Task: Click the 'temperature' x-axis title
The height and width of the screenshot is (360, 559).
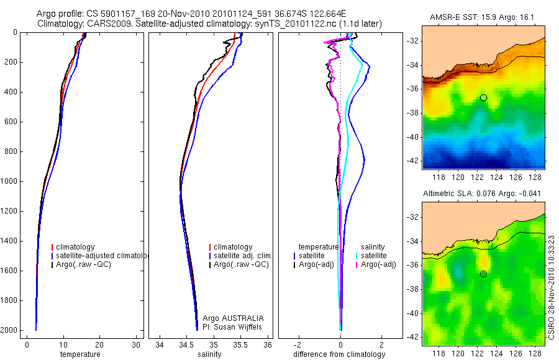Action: tap(80, 354)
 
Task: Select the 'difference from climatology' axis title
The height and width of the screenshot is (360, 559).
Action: tap(340, 354)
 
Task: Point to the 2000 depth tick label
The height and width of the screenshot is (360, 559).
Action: tap(9, 330)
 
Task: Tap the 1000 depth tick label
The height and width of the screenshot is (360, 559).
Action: tap(9, 181)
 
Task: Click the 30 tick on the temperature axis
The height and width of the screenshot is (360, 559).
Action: tap(136, 345)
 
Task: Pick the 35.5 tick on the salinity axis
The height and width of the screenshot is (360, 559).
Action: tap(241, 345)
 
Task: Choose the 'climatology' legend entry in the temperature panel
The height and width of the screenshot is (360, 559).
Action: tap(78, 247)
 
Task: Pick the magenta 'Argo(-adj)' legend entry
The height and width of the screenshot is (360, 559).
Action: tap(378, 264)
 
